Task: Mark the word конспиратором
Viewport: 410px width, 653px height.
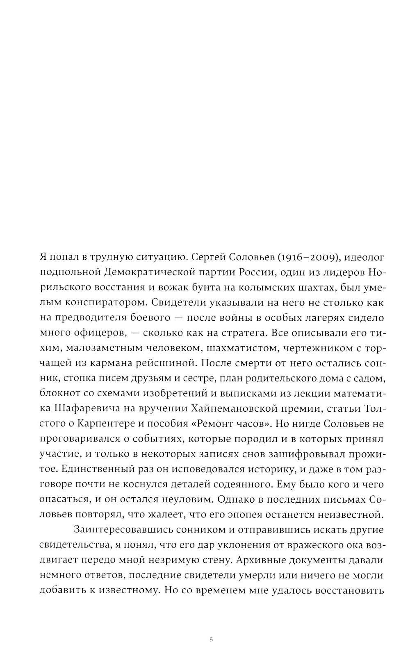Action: point(105,303)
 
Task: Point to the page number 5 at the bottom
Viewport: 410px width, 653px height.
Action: point(211,639)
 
